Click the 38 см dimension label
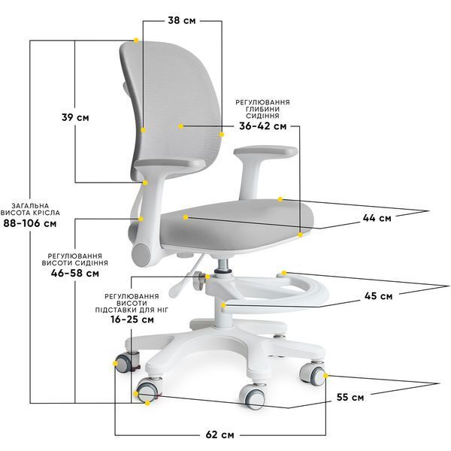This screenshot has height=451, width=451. [182, 20]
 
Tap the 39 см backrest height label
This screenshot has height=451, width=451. [75, 117]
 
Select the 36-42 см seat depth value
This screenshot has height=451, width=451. [263, 126]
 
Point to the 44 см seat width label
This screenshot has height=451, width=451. [377, 218]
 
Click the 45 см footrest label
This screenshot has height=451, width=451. [378, 295]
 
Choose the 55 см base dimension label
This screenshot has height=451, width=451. [350, 397]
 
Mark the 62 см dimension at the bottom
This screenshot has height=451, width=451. [219, 434]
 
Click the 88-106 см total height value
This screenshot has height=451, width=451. [30, 223]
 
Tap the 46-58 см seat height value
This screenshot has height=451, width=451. [75, 273]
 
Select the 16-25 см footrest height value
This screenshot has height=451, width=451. [132, 319]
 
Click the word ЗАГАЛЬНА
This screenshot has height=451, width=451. [31, 206]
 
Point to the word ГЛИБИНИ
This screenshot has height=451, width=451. [262, 109]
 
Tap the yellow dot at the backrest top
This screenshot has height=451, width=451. [136, 41]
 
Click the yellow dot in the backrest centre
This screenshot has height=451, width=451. [180, 126]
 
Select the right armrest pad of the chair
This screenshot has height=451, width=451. [265, 152]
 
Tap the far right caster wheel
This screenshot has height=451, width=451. [312, 374]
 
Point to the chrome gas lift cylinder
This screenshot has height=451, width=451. [223, 266]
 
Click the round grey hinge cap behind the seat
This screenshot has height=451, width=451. [141, 255]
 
